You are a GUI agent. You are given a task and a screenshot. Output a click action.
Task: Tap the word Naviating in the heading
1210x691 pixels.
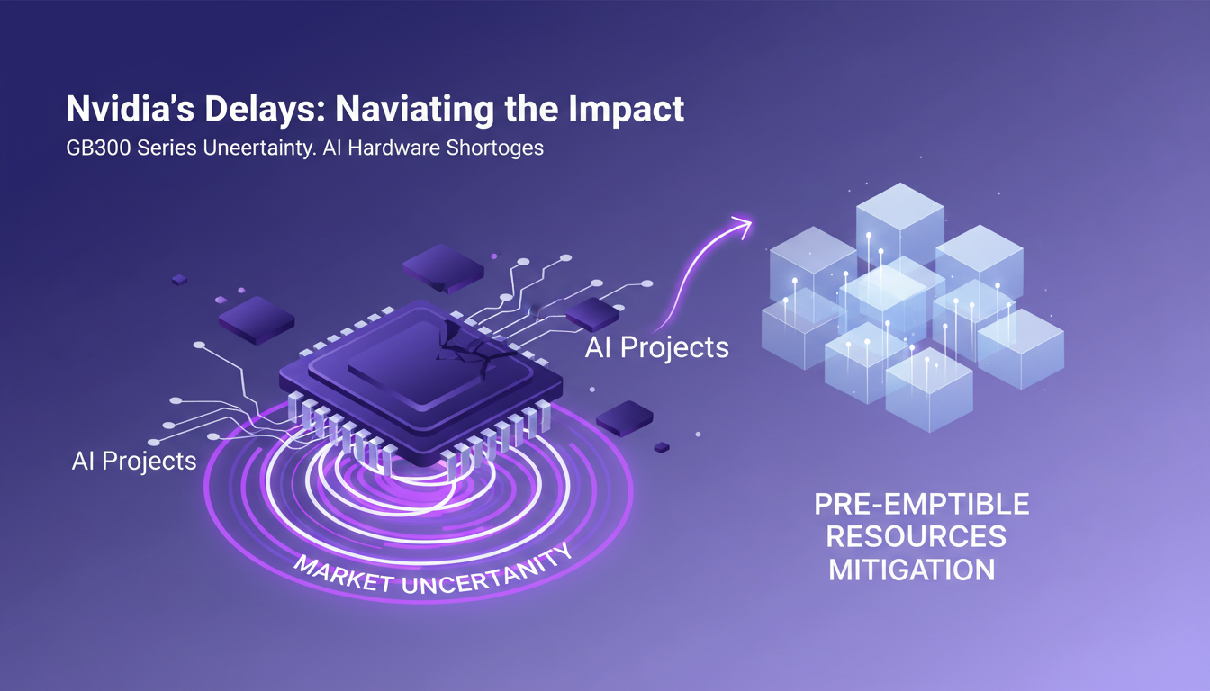[411, 109]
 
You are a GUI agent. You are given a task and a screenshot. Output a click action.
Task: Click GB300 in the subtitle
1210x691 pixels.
[96, 147]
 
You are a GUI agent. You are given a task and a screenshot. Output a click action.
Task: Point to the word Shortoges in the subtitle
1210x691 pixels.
[494, 147]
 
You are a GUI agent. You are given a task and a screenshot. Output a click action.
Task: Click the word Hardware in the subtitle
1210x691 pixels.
[394, 147]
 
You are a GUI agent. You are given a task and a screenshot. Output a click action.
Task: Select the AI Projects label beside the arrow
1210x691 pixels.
[656, 347]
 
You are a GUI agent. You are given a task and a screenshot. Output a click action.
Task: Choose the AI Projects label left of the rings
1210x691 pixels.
[134, 461]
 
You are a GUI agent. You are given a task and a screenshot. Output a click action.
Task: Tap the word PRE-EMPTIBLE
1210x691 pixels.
[921, 504]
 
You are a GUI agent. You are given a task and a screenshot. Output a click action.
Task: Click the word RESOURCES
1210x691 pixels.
[917, 536]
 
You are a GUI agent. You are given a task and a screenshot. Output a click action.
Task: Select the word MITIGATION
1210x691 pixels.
[912, 570]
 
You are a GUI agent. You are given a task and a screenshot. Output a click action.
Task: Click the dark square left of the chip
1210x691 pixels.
[257, 319]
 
